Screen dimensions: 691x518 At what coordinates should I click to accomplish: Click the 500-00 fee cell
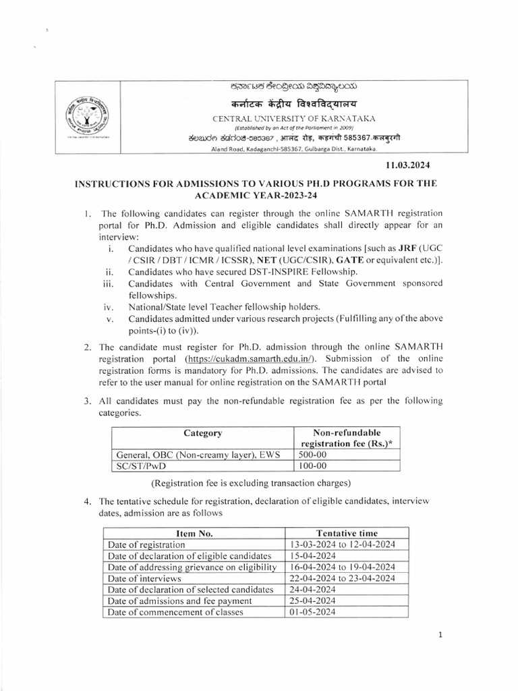311,454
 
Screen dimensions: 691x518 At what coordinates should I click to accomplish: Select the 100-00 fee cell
311,466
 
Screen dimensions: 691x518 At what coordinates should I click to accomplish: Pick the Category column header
203,433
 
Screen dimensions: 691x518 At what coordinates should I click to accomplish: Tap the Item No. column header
194,532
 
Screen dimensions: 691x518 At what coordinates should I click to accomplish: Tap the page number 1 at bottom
439,635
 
